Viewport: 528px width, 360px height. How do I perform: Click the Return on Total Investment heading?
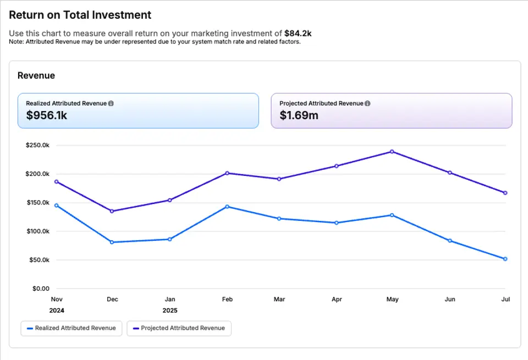[x=80, y=15]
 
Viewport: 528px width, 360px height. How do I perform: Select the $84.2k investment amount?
[x=298, y=34]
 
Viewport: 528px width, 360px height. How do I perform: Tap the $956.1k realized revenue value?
[x=47, y=115]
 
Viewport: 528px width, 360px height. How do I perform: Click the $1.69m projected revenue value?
[x=299, y=115]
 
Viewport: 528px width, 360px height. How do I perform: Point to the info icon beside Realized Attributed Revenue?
[x=111, y=103]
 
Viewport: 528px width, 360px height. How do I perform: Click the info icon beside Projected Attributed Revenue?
[x=367, y=103]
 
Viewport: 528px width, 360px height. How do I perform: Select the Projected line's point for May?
[x=392, y=152]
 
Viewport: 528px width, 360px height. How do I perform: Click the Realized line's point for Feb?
[x=227, y=207]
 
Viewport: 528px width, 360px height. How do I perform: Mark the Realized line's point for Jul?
[x=505, y=259]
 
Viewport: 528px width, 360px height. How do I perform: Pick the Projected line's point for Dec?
[x=112, y=211]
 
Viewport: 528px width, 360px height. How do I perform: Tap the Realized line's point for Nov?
[x=57, y=206]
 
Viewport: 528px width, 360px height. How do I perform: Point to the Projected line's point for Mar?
[x=279, y=179]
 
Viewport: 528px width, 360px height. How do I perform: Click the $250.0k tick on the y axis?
[x=37, y=146]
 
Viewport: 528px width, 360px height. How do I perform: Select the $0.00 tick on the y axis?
[x=40, y=289]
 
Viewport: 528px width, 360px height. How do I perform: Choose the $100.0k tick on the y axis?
[x=37, y=231]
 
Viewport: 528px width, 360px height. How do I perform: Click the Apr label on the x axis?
[x=337, y=300]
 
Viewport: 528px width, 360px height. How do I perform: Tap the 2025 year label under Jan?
[x=170, y=311]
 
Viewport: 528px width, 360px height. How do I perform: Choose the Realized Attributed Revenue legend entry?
[x=71, y=328]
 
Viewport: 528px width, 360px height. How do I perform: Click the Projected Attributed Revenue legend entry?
[x=179, y=328]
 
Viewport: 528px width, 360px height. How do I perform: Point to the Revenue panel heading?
[x=36, y=76]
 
